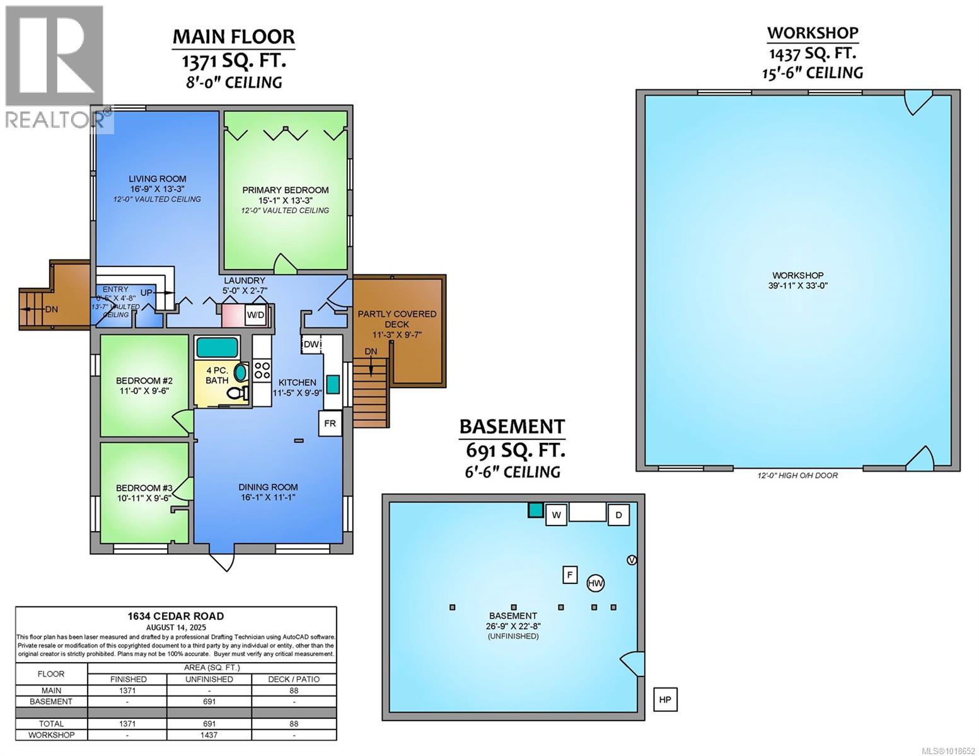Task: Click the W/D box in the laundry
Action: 255,314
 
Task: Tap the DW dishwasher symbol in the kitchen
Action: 311,344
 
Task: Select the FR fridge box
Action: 330,423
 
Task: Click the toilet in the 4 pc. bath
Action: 238,393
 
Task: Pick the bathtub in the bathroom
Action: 217,347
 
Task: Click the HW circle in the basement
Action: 595,583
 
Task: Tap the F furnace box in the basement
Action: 570,575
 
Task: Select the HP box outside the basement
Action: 664,699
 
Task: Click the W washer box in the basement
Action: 556,514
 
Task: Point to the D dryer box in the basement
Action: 618,514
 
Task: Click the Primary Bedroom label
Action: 286,190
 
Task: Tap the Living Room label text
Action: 158,179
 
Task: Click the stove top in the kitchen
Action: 262,370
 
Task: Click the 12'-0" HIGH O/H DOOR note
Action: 798,475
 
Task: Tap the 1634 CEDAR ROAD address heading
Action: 176,616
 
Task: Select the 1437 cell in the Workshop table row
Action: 209,735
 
